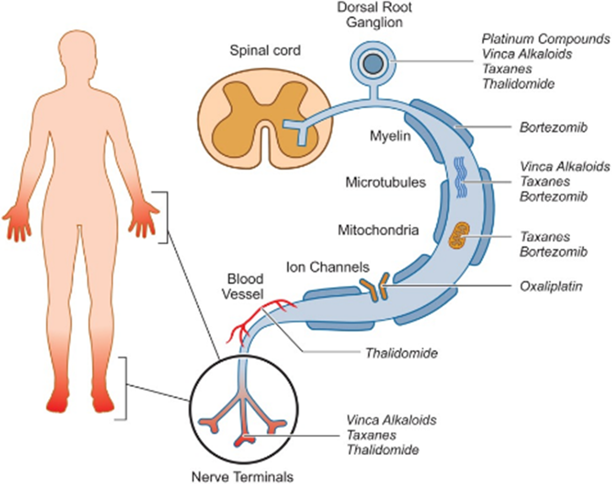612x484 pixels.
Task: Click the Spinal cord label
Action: [x=265, y=51]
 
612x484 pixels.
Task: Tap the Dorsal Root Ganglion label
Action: [x=375, y=15]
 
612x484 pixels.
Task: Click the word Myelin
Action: [x=390, y=136]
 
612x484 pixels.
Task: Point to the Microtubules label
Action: [x=386, y=183]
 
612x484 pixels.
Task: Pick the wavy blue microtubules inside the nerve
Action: [x=461, y=177]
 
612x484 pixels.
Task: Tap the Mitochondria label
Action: [x=378, y=230]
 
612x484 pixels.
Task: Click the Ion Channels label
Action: [x=328, y=267]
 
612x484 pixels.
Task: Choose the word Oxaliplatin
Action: [x=551, y=287]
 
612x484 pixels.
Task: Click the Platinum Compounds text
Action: [x=545, y=39]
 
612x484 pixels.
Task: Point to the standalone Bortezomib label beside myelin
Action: [x=554, y=128]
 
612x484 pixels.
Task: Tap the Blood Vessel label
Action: [x=243, y=286]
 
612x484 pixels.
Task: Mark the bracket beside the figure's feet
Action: [x=123, y=388]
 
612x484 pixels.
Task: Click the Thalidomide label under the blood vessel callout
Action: [x=401, y=353]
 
